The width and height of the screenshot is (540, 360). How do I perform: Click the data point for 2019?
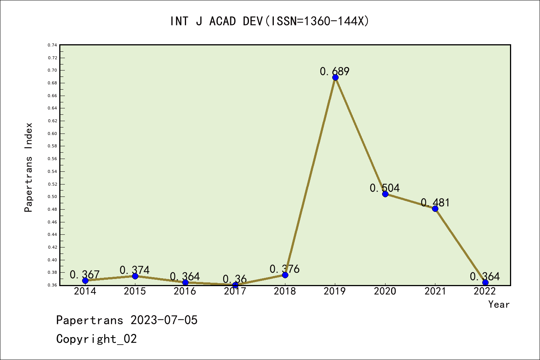coord(335,78)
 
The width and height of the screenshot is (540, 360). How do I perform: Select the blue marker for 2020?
coord(385,194)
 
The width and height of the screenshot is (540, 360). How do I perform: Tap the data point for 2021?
coord(435,208)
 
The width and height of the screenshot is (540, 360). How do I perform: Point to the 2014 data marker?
coord(85,280)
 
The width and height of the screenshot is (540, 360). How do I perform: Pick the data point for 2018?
coord(285,275)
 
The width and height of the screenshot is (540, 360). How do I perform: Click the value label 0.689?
coord(334,71)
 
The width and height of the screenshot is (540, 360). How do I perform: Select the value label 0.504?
coord(385,188)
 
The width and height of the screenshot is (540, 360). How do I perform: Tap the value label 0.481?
coord(435,202)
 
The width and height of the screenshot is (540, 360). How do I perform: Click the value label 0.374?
coord(135,270)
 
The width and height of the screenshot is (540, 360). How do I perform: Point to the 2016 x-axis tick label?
coord(185,291)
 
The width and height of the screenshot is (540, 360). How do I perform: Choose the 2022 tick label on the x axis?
coord(485,291)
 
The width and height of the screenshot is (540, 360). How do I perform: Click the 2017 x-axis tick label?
coord(235,291)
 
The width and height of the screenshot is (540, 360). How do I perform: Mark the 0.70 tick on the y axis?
coord(52,70)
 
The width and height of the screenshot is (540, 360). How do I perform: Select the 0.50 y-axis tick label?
coord(52,196)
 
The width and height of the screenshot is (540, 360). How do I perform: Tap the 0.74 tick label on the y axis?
coord(52,45)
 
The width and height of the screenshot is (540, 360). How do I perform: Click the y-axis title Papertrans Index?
coord(28,167)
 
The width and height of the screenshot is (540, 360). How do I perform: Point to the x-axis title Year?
coord(499,304)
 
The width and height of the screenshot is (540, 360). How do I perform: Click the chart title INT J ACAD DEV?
coord(270,21)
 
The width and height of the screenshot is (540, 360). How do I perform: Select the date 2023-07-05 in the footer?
coord(164,320)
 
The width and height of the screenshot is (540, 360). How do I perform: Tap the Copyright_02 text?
coord(96,339)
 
